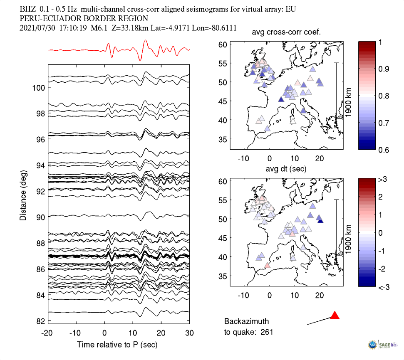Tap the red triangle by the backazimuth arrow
click(335, 316)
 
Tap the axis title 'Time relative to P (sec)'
click(117, 345)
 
